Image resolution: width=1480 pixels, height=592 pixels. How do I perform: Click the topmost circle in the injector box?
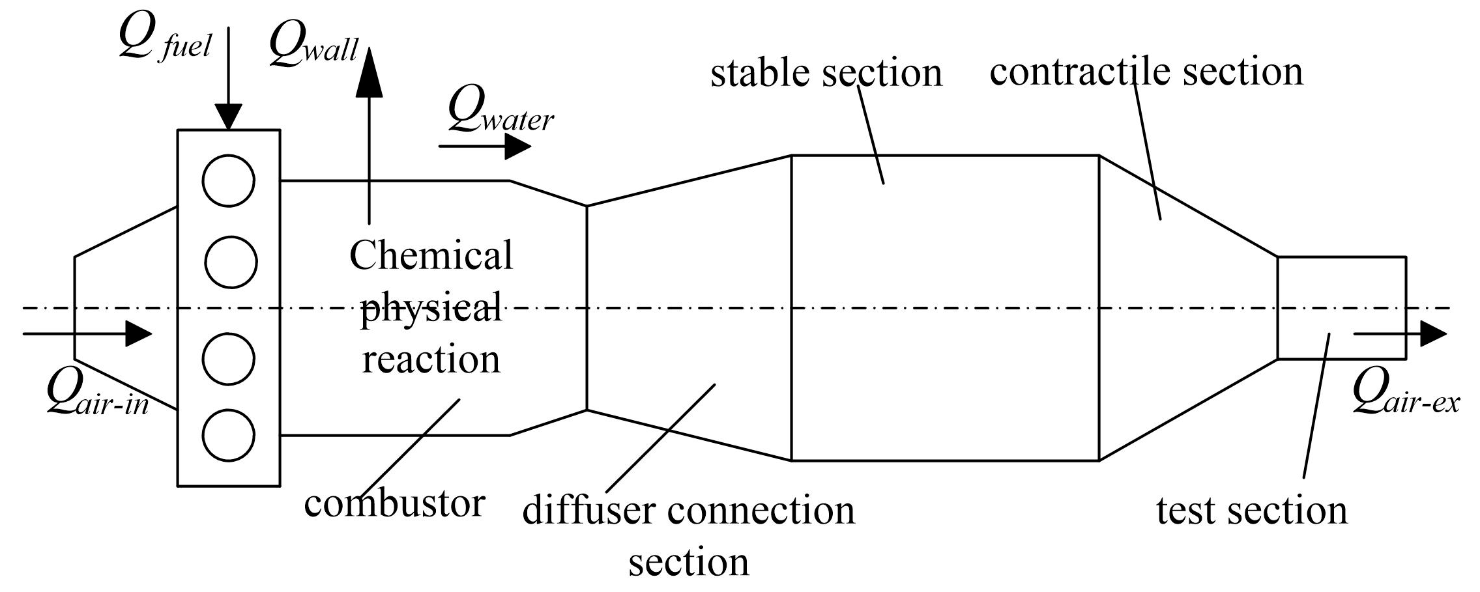tap(229, 180)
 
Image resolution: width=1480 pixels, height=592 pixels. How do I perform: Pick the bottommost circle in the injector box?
tap(229, 435)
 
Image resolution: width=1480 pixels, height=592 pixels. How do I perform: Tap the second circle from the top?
tap(231, 262)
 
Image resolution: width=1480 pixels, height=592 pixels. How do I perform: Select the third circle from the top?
tap(229, 359)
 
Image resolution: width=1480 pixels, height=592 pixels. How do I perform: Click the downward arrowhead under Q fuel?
tap(229, 118)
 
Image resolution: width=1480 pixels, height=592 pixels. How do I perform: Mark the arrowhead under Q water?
tap(518, 147)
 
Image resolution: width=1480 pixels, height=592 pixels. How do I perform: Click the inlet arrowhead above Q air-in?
tap(138, 334)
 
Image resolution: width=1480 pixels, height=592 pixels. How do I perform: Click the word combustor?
tap(394, 503)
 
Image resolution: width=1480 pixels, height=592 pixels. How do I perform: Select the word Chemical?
tap(431, 255)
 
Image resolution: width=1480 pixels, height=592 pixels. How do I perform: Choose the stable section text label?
tap(826, 72)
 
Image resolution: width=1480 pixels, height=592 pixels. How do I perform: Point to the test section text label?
tap(1251, 510)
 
